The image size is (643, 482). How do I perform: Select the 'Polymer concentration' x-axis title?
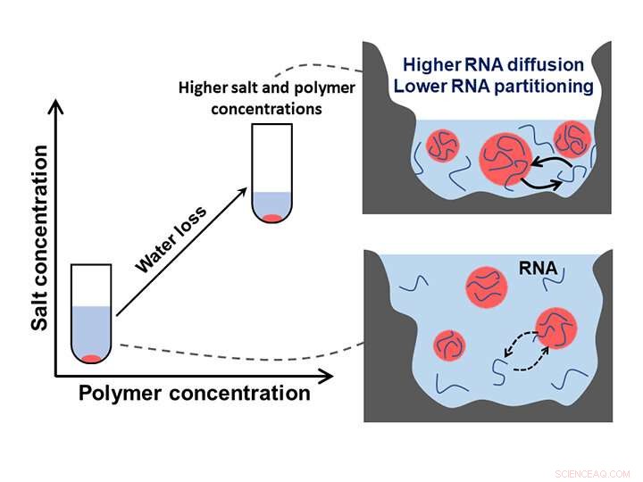[x=195, y=394]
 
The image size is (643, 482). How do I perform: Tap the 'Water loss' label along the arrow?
[x=171, y=239]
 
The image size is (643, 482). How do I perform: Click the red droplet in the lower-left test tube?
[x=91, y=359]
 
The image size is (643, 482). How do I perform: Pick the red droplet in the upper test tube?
[x=271, y=217]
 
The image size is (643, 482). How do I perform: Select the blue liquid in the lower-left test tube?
[x=91, y=330]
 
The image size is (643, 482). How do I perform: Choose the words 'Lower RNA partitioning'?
[x=494, y=86]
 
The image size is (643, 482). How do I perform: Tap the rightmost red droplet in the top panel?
[x=572, y=139]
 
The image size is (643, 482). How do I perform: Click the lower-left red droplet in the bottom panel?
[x=451, y=345]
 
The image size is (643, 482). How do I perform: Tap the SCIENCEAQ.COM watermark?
[x=592, y=474]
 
